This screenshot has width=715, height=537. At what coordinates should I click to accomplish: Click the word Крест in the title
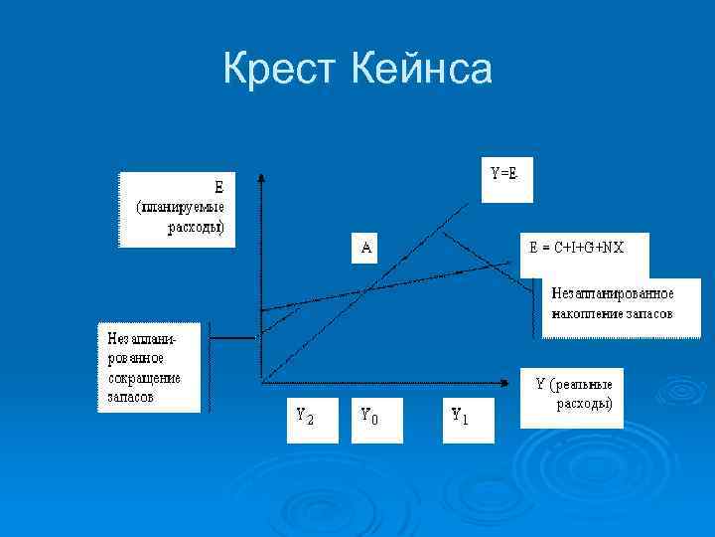281,71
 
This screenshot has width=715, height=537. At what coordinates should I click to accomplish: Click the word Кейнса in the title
421,71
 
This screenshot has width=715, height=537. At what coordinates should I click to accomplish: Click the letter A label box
366,249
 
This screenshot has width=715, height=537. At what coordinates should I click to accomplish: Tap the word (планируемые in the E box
180,207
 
